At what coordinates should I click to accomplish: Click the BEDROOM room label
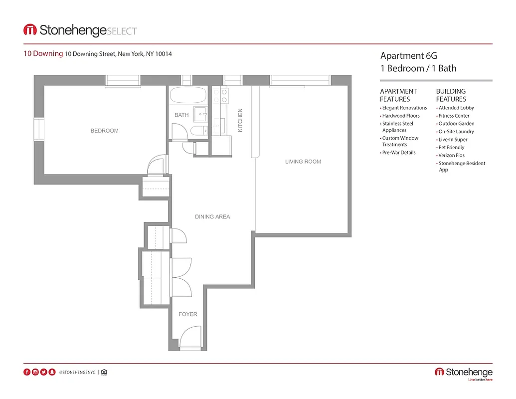pos(104,131)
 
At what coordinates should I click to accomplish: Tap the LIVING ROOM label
pos(303,162)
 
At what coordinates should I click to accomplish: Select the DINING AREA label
pos(212,217)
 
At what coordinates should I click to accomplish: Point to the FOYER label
pos(188,314)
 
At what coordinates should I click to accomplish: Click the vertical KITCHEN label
pos(240,120)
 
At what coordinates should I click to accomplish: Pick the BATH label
pos(181,115)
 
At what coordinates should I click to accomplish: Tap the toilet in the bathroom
pos(198,131)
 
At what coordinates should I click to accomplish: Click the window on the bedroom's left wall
pos(38,130)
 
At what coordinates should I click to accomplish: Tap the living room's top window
pos(300,81)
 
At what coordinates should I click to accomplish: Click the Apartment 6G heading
pos(408,56)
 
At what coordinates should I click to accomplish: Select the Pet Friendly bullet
pos(451,148)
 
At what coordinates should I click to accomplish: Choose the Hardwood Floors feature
pos(401,116)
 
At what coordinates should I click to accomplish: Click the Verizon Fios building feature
pos(451,156)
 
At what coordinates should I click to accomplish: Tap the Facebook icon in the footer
pos(27,372)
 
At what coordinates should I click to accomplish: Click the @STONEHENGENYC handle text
pos(77,372)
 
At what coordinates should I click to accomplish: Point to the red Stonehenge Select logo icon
pos(30,30)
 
